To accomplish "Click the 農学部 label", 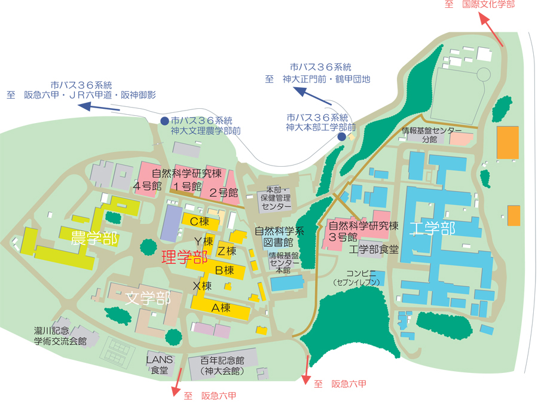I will pos(94,238).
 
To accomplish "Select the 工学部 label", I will pos(433,228).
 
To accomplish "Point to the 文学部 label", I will pos(148,298).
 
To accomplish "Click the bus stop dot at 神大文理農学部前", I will pos(164,121).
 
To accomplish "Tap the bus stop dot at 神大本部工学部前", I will pos(341,137).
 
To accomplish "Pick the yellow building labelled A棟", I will pos(221,308).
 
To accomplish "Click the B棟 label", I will pos(224,270).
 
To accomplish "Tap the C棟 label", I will pos(199,221).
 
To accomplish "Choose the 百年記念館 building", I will pos(223,361).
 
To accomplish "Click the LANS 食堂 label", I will pos(160,365).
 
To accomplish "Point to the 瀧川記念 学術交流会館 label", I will pos(60,336).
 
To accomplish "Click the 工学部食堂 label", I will pos(374,249).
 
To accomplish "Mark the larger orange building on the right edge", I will pos(508,142).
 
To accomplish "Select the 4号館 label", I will pos(148,185).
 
